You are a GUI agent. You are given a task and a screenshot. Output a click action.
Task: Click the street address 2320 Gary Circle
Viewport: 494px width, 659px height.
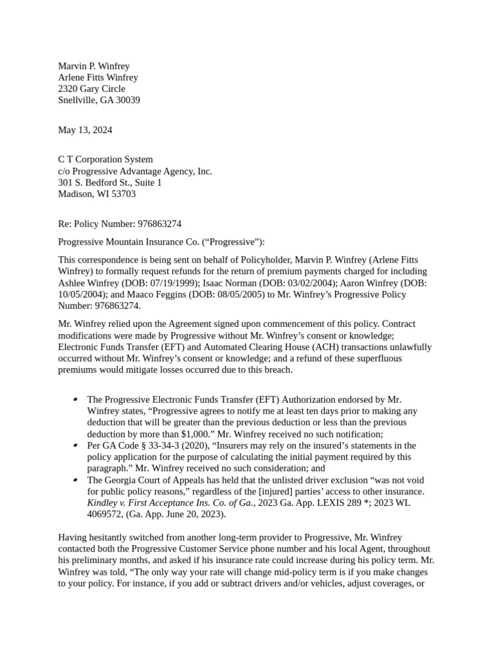click(91, 89)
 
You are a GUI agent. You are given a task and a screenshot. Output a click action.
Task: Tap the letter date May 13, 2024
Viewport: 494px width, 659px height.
click(85, 130)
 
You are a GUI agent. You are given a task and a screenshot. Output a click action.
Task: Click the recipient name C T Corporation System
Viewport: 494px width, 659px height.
click(105, 160)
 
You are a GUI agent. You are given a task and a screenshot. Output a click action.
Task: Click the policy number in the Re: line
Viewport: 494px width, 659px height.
click(155, 224)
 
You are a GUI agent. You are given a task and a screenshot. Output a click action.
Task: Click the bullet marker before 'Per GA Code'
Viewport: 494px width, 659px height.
click(76, 445)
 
